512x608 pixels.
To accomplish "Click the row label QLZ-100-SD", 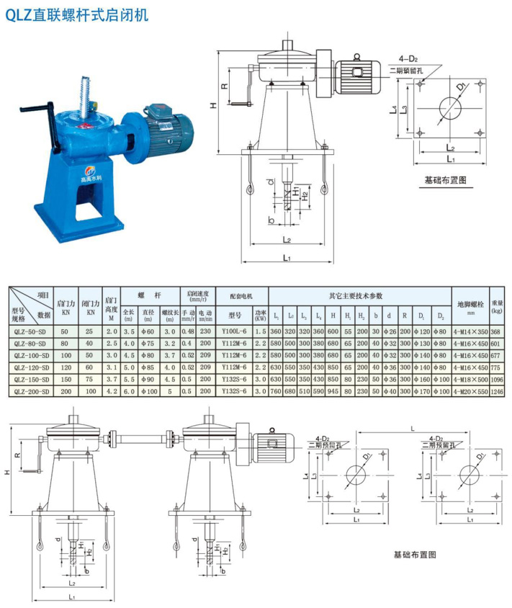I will [30, 355].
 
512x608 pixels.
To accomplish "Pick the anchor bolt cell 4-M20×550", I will [470, 390].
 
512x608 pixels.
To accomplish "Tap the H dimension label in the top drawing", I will [213, 105].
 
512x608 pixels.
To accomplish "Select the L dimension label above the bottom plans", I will [411, 427].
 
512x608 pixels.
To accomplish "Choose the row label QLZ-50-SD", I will [30, 331].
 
